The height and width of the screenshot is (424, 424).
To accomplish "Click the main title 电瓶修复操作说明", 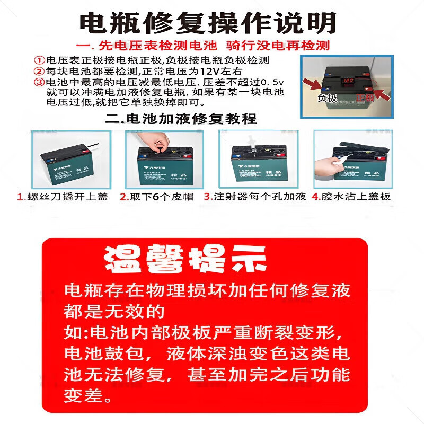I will pyautogui.click(x=208, y=23).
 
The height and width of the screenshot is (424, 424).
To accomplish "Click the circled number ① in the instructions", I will pyautogui.click(x=40, y=60).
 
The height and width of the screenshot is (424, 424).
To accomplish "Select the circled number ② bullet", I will pyautogui.click(x=40, y=71).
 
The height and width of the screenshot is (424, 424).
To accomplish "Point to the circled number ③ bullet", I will pyautogui.click(x=40, y=82).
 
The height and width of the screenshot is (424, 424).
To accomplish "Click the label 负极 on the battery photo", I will pyautogui.click(x=327, y=98).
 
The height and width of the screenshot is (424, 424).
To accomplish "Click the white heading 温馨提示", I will pyautogui.click(x=185, y=259).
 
